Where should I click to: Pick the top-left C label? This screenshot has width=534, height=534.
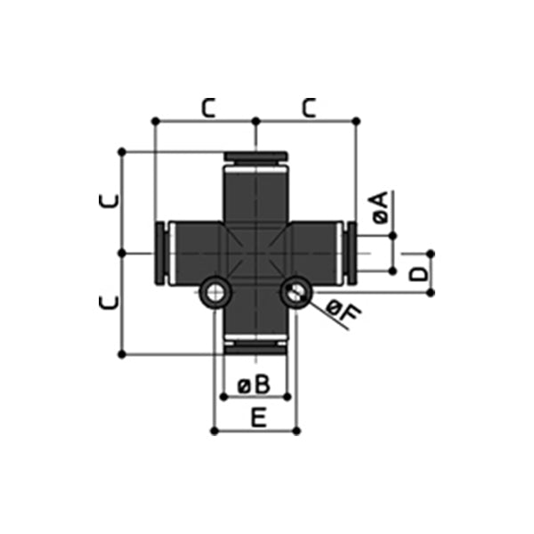[x=207, y=108]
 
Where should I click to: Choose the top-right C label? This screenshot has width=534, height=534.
[x=308, y=108]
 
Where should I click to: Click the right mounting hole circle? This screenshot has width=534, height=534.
[x=295, y=292]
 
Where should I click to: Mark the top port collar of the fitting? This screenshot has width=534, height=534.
[x=255, y=158]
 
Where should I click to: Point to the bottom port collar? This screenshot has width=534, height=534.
[x=255, y=347]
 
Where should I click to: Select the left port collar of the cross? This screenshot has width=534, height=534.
[x=160, y=254]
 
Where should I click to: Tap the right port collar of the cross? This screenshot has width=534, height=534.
[x=351, y=254]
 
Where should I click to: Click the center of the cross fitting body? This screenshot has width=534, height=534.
[x=255, y=254]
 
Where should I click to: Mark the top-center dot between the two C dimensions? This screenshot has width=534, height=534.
[x=255, y=120]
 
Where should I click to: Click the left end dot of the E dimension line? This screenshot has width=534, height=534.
[x=214, y=431]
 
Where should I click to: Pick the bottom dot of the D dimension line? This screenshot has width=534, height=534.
[x=430, y=292]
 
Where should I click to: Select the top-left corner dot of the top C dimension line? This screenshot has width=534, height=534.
[x=155, y=120]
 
